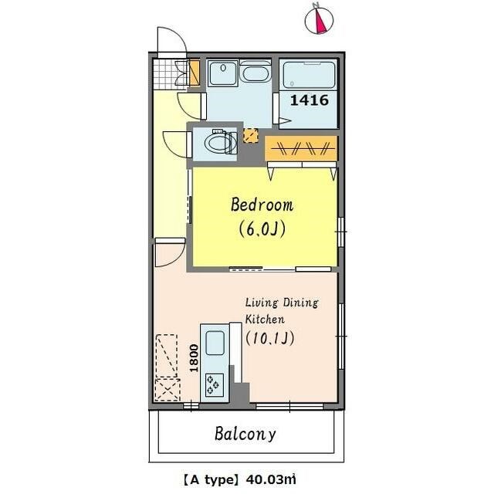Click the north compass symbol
(x=319, y=19)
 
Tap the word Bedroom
(x=262, y=205)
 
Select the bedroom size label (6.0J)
(x=262, y=229)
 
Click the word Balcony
(x=245, y=434)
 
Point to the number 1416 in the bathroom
(x=309, y=100)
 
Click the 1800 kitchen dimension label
(x=194, y=358)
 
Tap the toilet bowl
(x=221, y=142)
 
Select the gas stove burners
(x=215, y=385)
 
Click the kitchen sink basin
(x=215, y=343)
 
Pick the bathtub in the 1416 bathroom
(x=309, y=75)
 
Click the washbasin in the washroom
(x=223, y=73)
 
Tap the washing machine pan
(x=255, y=73)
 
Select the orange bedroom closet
(x=301, y=148)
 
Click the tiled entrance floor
(x=170, y=74)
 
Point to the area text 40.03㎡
(x=271, y=480)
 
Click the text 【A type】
(x=209, y=480)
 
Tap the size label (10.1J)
(x=270, y=338)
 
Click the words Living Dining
(x=282, y=303)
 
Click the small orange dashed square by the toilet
(x=250, y=136)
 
